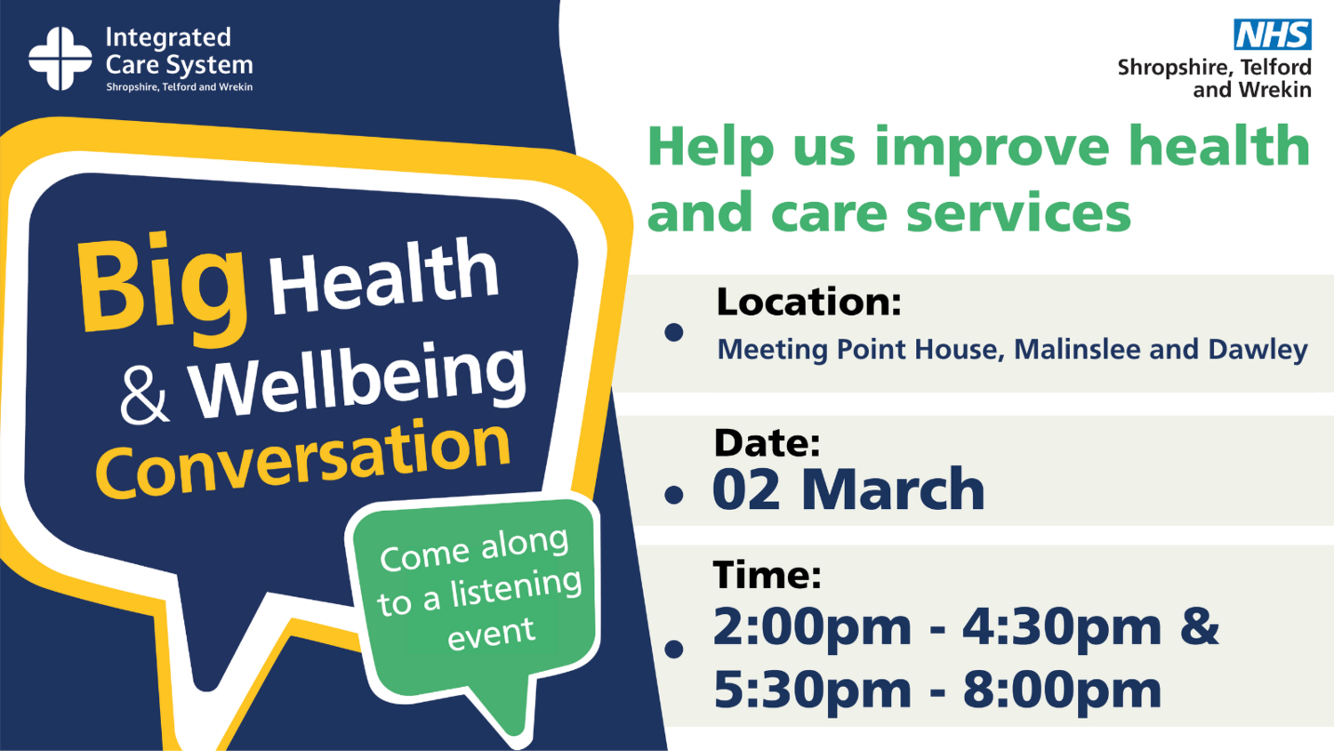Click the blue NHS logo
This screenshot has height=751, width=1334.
tap(1272, 35)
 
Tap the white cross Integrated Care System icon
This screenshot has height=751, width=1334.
tap(60, 59)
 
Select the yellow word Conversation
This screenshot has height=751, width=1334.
tap(303, 459)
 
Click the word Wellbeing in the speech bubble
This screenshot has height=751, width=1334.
tap(358, 380)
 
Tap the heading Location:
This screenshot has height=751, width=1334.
tap(808, 302)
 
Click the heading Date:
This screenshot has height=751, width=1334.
tap(767, 443)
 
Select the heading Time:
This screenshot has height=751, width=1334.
tap(767, 575)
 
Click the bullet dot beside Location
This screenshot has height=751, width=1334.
tap(673, 332)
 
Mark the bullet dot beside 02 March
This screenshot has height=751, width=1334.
tap(673, 495)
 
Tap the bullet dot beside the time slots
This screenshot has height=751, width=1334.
tap(673, 649)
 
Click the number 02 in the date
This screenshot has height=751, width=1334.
tap(746, 489)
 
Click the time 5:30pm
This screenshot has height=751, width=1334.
tap(812, 690)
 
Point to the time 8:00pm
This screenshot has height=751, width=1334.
tap(1062, 690)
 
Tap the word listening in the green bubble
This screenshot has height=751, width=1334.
tap(516, 589)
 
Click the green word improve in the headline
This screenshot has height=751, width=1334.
tap(992, 149)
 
